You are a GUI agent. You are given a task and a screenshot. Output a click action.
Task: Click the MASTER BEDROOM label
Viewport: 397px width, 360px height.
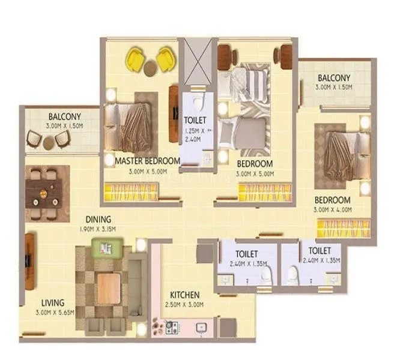click(x=147, y=161)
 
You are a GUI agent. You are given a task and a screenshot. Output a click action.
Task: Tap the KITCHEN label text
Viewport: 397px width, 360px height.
click(x=184, y=295)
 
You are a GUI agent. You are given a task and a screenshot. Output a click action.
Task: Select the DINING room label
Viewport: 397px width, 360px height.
click(x=97, y=219)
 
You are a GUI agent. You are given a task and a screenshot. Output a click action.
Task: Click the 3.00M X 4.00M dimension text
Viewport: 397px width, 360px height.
click(x=332, y=209)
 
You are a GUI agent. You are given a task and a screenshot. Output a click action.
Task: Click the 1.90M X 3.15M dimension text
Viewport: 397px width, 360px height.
click(x=97, y=229)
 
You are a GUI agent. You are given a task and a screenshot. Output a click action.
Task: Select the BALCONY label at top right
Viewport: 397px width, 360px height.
click(x=334, y=78)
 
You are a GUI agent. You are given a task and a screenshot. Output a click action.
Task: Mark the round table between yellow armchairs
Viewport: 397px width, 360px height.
click(x=149, y=68)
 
